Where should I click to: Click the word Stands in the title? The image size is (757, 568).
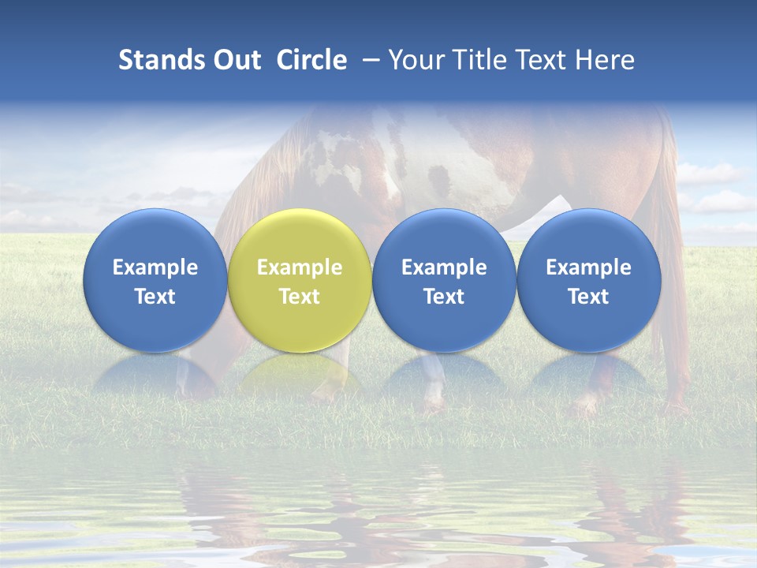point(155,60)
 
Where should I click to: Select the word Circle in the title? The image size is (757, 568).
point(311,60)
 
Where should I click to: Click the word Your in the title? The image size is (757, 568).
point(413,60)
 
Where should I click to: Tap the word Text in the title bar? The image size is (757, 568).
point(537,60)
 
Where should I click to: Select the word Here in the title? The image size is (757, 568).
point(603,60)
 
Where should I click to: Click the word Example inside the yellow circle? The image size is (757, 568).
point(300,267)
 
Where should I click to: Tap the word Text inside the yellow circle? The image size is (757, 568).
point(300,297)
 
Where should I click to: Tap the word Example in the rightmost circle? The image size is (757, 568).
point(588,267)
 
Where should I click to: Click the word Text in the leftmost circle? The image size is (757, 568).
point(155,297)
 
